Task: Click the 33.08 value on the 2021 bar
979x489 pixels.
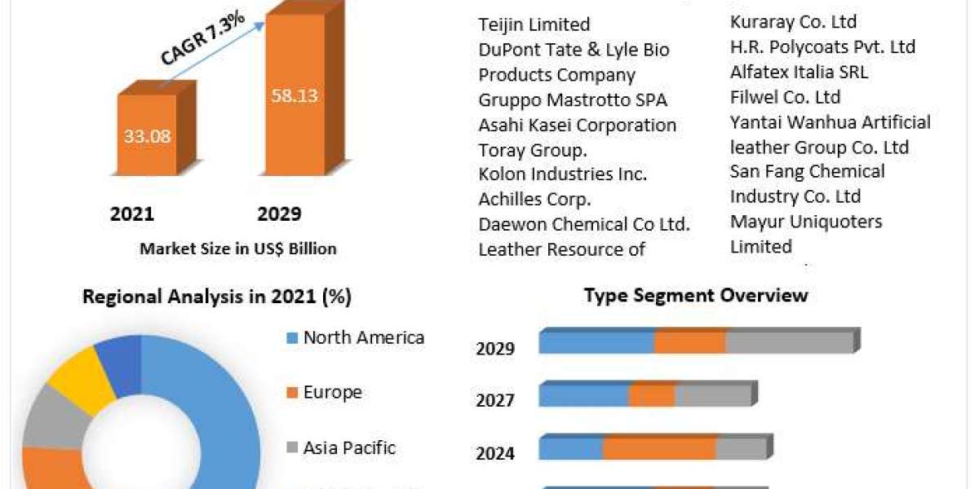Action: pyautogui.click(x=148, y=136)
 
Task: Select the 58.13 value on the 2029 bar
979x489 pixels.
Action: pyautogui.click(x=294, y=95)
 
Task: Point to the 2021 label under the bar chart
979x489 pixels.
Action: pyautogui.click(x=132, y=214)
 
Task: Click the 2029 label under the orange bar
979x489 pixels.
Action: pyautogui.click(x=279, y=214)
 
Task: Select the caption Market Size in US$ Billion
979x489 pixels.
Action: pyautogui.click(x=238, y=249)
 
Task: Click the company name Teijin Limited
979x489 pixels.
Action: pyautogui.click(x=534, y=25)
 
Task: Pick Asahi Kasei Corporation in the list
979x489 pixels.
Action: pyautogui.click(x=577, y=126)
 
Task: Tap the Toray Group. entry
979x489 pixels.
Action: pyautogui.click(x=533, y=151)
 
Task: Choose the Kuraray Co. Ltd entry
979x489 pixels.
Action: pyautogui.click(x=793, y=22)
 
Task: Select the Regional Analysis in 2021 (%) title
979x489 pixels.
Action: pyautogui.click(x=217, y=297)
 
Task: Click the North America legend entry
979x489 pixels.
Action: pyautogui.click(x=363, y=337)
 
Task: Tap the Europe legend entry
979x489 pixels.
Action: pyautogui.click(x=332, y=392)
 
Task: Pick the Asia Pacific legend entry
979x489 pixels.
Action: pyautogui.click(x=349, y=447)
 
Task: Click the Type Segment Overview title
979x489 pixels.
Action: pyautogui.click(x=696, y=295)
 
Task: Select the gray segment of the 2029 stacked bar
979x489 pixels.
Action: pyautogui.click(x=789, y=342)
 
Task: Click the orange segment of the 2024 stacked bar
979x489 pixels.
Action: pyautogui.click(x=659, y=448)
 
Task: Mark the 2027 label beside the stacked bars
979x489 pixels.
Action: pyautogui.click(x=495, y=400)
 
